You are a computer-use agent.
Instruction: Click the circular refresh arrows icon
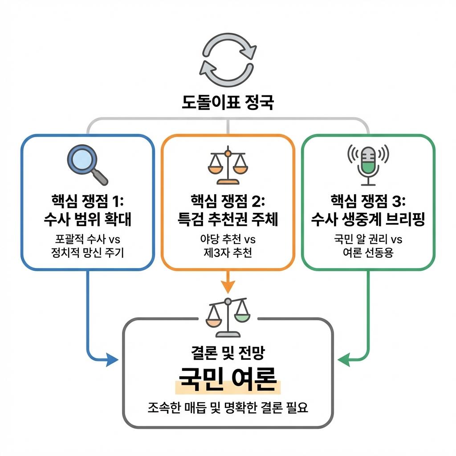228,59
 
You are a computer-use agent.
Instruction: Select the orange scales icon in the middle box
227,166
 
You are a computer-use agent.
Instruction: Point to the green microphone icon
368,165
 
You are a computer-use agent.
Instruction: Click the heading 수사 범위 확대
88,219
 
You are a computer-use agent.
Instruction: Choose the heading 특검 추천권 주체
228,219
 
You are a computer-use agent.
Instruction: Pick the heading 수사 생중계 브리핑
368,219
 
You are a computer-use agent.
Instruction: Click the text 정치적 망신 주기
88,253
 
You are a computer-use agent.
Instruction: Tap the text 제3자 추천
228,253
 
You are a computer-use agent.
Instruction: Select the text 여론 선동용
368,253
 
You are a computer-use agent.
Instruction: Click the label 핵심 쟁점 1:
88,201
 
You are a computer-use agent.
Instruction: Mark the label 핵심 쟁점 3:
368,201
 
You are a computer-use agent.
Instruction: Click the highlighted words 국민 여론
228,379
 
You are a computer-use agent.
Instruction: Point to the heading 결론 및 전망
228,354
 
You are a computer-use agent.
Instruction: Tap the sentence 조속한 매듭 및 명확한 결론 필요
228,407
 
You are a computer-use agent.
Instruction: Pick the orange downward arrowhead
228,287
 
